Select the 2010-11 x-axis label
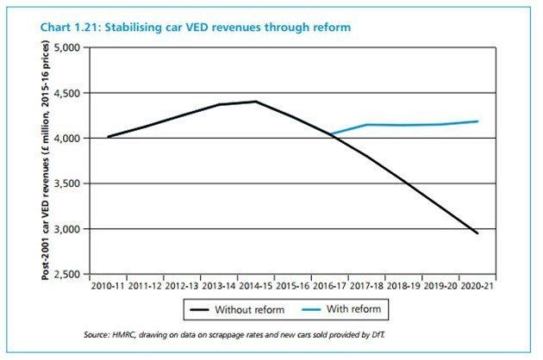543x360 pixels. coord(105,286)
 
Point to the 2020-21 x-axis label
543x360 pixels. coord(479,286)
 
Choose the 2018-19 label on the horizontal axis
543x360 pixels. coord(405,286)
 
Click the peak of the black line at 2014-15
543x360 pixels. coord(255,102)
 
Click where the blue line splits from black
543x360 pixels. coord(330,135)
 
